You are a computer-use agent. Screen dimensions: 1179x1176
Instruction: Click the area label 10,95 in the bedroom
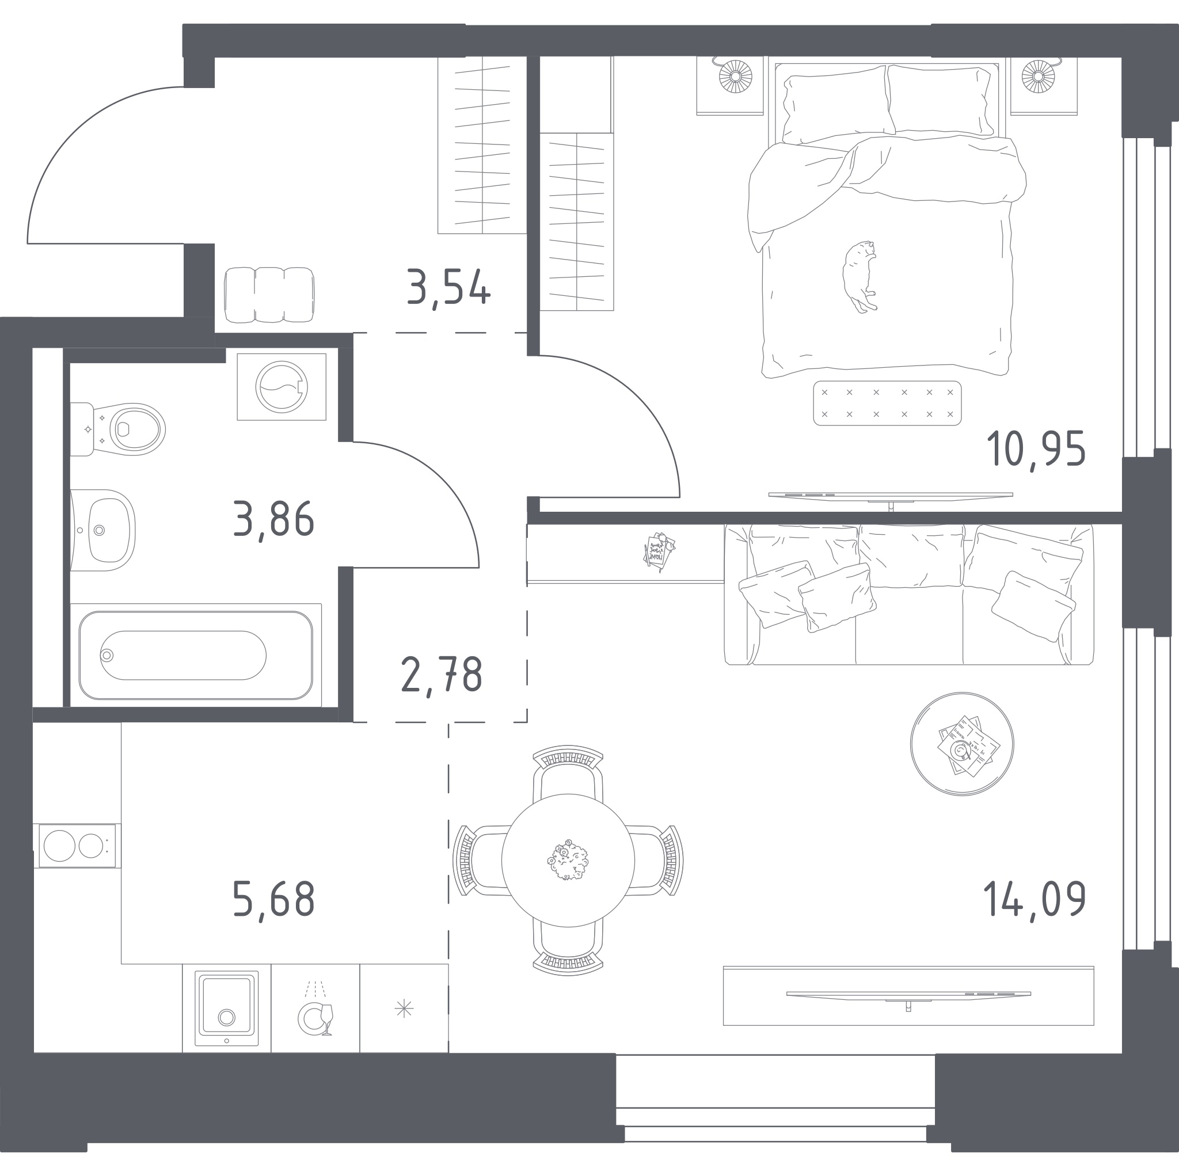click(1036, 450)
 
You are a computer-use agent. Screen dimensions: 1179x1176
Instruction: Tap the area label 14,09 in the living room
click(1035, 899)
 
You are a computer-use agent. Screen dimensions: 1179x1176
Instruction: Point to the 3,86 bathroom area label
click(273, 519)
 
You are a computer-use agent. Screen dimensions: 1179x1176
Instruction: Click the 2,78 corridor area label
click(441, 675)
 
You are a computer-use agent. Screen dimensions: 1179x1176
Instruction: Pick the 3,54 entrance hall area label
click(448, 288)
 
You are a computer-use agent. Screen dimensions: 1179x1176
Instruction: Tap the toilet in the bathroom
click(118, 429)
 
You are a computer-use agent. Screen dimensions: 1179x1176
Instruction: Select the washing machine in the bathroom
click(282, 387)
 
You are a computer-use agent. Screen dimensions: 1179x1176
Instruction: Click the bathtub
click(196, 655)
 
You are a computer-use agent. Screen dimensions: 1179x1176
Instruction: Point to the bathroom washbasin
click(102, 530)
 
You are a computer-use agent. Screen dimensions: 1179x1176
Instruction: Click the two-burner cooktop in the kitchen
click(77, 846)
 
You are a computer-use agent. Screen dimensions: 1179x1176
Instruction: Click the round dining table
click(568, 861)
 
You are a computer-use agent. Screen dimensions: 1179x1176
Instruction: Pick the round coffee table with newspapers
click(962, 744)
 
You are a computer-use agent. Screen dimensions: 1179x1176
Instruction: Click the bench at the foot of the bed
click(887, 403)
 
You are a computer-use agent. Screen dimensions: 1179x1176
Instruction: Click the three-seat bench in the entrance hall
click(269, 295)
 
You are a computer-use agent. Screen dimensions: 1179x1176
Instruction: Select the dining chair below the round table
click(568, 944)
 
